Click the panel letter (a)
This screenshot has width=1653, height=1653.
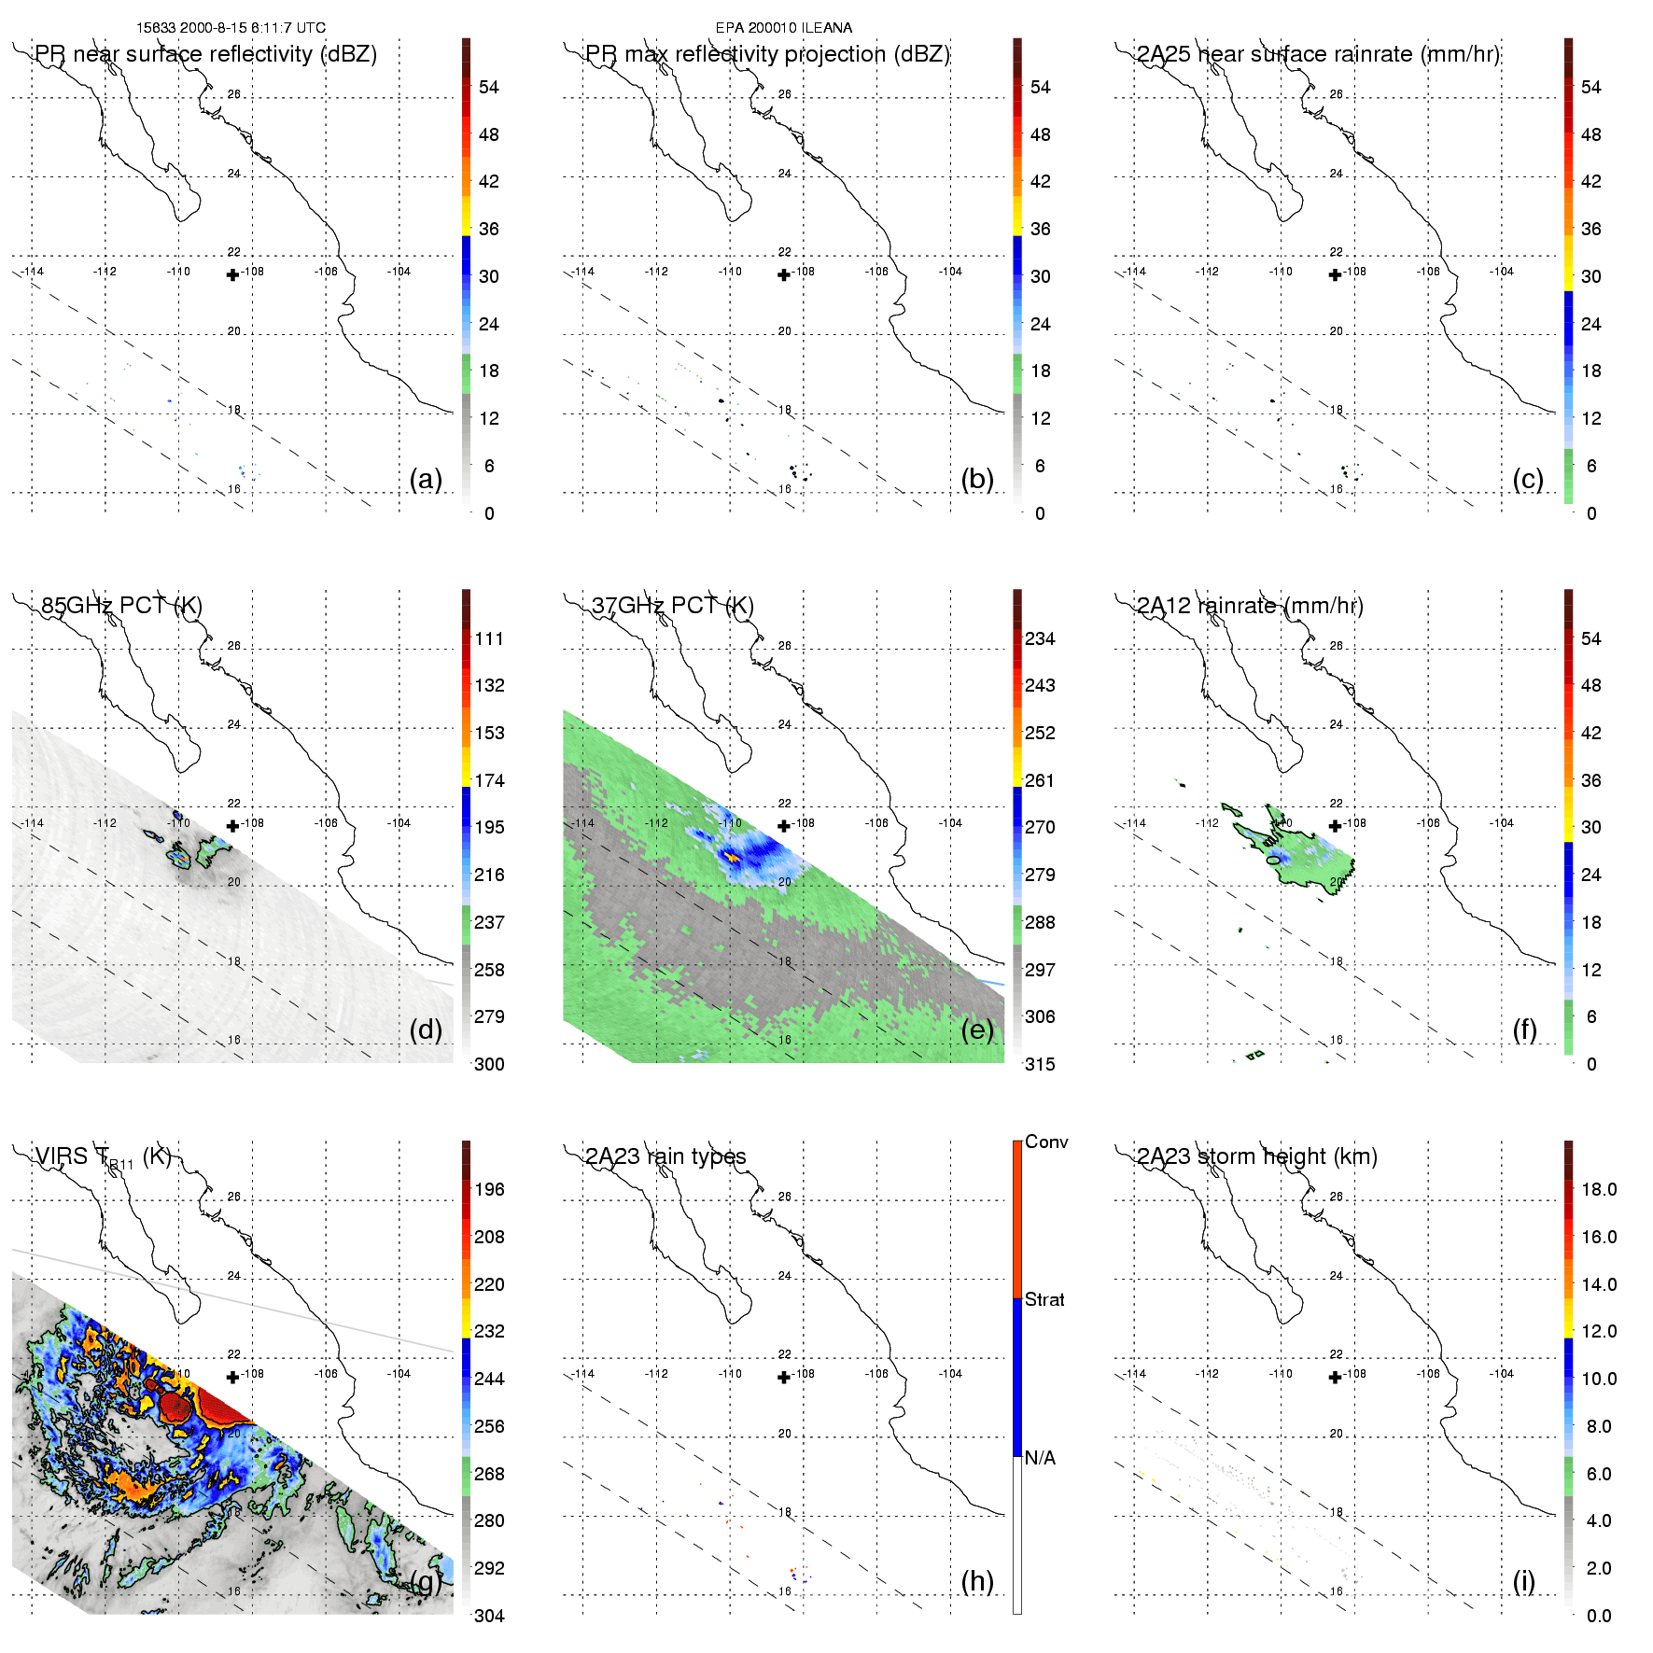point(426,480)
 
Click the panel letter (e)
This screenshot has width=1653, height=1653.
point(977,1030)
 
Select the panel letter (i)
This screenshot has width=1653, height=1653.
point(1523,1581)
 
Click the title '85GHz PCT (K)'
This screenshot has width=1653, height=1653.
point(121,606)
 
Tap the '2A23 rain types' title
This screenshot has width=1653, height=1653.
point(665,1156)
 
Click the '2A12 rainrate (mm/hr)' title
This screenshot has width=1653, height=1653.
point(1250,606)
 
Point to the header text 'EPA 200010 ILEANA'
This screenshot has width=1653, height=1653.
point(783,28)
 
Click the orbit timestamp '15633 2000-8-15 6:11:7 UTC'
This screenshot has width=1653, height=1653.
point(231,28)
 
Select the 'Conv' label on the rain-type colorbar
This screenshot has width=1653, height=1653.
point(1046,1142)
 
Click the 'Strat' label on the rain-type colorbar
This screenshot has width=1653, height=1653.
point(1044,1299)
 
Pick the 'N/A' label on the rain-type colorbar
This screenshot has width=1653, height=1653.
point(1040,1458)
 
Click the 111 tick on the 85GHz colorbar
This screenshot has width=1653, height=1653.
point(489,638)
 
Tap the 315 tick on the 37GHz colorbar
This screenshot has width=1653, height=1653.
point(1040,1064)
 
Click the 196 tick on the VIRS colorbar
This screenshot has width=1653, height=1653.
point(489,1189)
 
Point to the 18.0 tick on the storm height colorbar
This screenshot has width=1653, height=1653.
point(1599,1189)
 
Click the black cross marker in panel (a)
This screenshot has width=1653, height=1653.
point(232,274)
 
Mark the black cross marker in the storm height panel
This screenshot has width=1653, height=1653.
point(1335,1377)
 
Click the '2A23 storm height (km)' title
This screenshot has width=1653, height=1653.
point(1256,1156)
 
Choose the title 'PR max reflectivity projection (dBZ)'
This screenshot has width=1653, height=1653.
point(767,54)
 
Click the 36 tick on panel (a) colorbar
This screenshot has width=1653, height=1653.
point(489,229)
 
